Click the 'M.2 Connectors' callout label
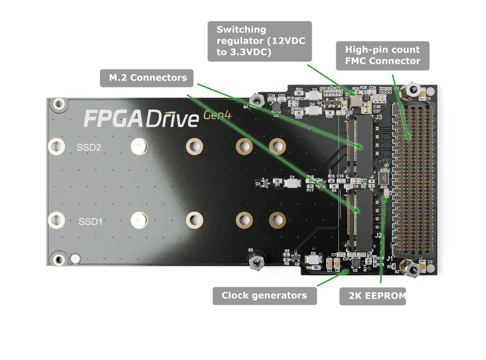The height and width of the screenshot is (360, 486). point(146,78)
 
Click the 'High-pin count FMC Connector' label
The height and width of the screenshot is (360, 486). point(383,55)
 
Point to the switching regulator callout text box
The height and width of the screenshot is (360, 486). point(260,40)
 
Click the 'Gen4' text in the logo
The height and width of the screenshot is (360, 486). point(218,115)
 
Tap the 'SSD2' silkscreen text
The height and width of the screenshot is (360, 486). point(89,147)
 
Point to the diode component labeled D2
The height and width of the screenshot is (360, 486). point(314,260)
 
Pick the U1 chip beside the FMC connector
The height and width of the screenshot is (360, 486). point(384,177)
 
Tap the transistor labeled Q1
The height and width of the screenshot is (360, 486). point(265,182)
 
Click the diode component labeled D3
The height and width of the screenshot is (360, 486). point(315,95)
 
